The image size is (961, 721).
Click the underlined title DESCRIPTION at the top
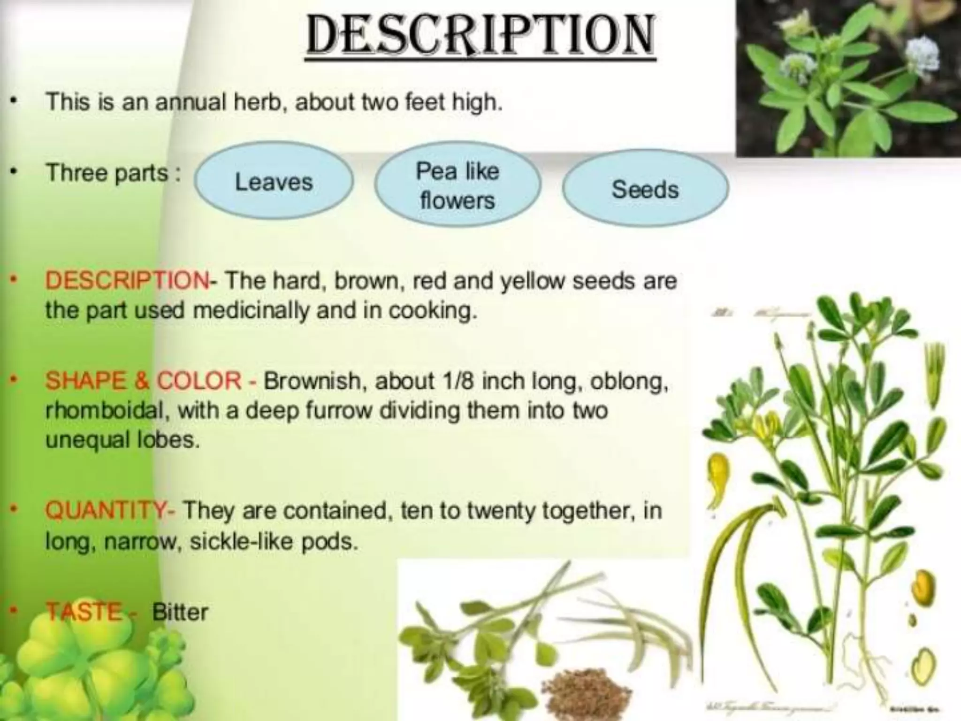tap(480, 36)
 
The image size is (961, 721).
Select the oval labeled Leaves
tap(274, 182)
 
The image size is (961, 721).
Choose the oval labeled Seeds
tap(645, 189)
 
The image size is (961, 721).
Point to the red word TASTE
tap(84, 612)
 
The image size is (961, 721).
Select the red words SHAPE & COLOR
tap(143, 381)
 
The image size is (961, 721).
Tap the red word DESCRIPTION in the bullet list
tap(127, 281)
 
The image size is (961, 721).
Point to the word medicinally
tap(251, 311)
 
